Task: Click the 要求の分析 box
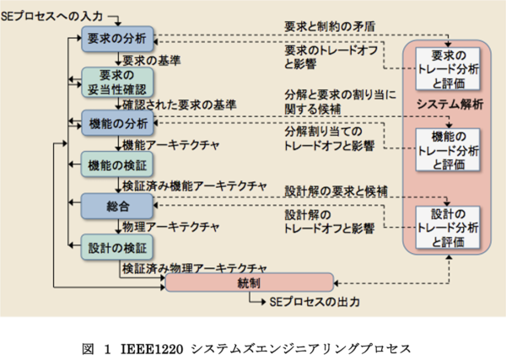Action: (117, 37)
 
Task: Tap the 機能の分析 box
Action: (117, 123)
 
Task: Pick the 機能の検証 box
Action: (117, 164)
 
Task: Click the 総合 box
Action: (117, 204)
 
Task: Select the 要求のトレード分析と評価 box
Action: (448, 69)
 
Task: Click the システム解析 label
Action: (448, 105)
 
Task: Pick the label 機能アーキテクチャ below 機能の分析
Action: (171, 144)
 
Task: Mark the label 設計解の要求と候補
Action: (336, 191)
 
